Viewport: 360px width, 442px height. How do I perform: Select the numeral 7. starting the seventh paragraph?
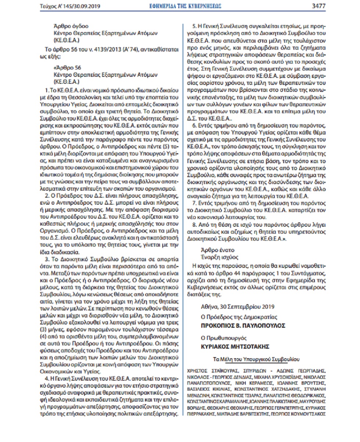coord(194,203)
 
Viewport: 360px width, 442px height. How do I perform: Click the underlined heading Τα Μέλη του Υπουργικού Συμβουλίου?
coord(256,358)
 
